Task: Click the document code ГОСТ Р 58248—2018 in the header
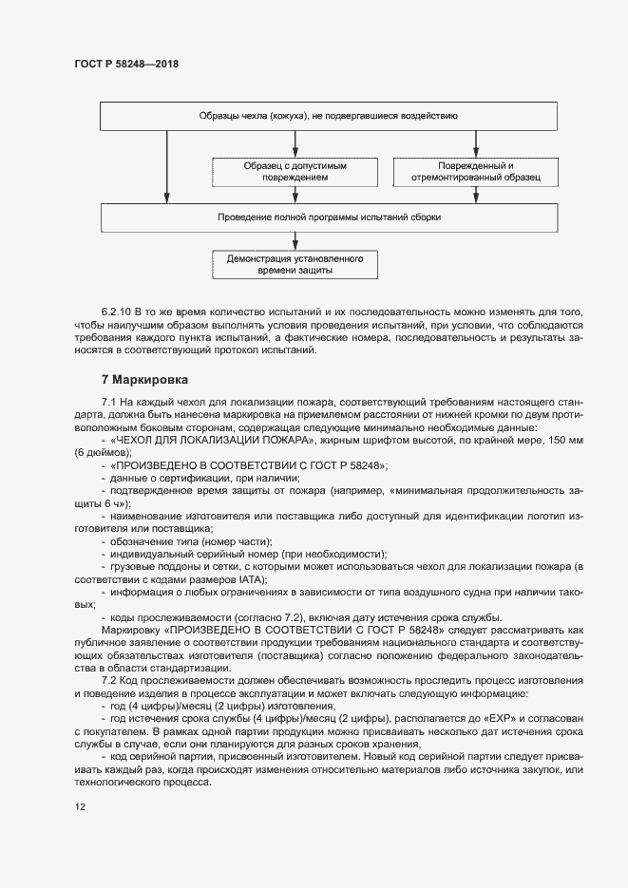pyautogui.click(x=125, y=65)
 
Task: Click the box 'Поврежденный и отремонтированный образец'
pyautogui.click(x=475, y=171)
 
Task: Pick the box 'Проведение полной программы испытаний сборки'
pyautogui.click(x=328, y=217)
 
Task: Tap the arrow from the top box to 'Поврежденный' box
pyautogui.click(x=475, y=143)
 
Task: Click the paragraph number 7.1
pyautogui.click(x=108, y=404)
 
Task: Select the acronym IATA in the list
pyautogui.click(x=252, y=578)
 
